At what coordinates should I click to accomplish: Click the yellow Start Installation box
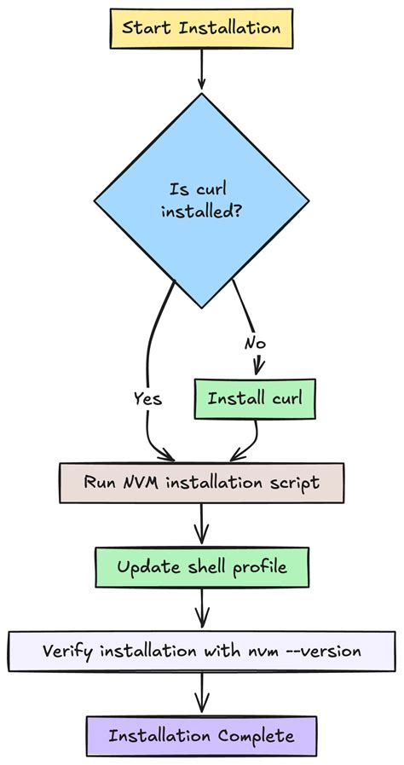[x=201, y=27]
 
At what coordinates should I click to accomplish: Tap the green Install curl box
[x=250, y=399]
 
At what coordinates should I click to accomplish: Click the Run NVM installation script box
[x=201, y=483]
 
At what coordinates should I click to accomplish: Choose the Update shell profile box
[x=202, y=567]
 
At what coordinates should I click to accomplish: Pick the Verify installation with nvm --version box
[x=202, y=651]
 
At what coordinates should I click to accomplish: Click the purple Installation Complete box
[x=201, y=735]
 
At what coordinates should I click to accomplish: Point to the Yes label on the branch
[x=147, y=398]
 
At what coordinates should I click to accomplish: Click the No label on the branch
[x=255, y=343]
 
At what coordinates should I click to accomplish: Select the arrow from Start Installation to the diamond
[x=202, y=68]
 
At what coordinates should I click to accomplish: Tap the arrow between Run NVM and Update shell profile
[x=202, y=524]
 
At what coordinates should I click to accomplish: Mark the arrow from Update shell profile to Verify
[x=202, y=608]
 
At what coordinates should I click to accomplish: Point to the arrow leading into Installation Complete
[x=202, y=693]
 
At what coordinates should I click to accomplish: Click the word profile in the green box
[x=257, y=567]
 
